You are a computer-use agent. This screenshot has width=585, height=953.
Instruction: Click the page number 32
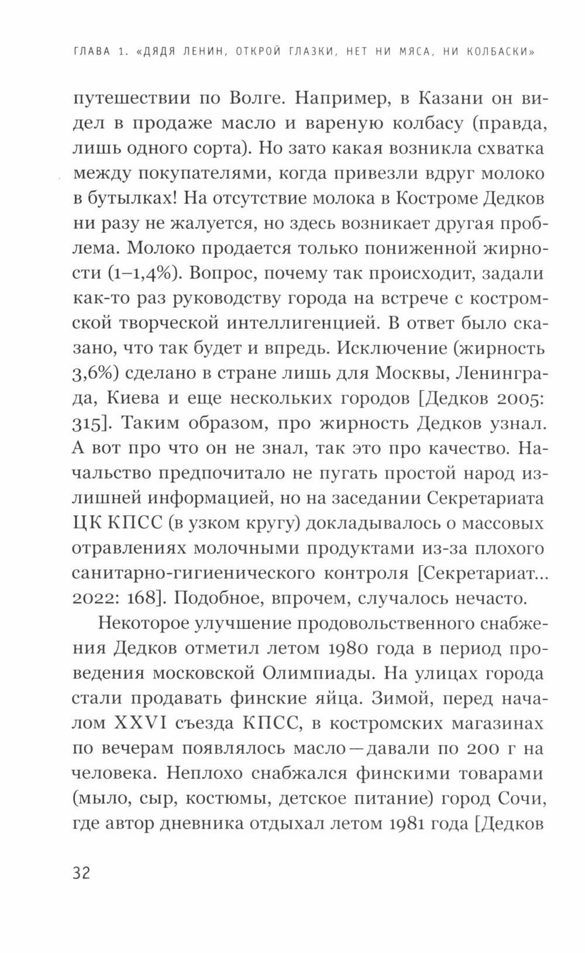81,874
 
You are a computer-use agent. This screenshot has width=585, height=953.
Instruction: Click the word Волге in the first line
245,98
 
